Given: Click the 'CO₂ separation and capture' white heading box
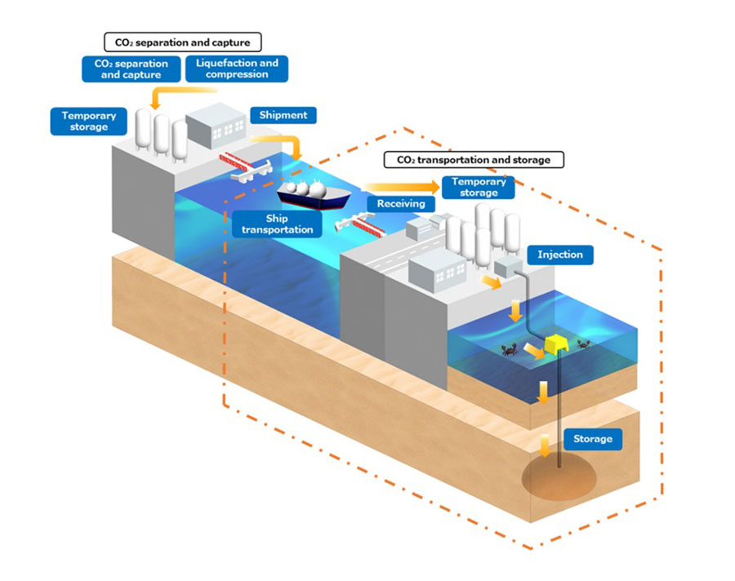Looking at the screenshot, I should pyautogui.click(x=182, y=41).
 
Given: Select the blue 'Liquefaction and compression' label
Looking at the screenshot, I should pyautogui.click(x=237, y=69).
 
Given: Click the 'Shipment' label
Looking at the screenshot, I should pyautogui.click(x=283, y=115).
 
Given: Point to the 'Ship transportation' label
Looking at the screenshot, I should pyautogui.click(x=277, y=224).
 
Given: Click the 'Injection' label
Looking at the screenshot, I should pyautogui.click(x=559, y=255).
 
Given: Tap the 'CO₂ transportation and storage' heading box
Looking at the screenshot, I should pyautogui.click(x=473, y=160).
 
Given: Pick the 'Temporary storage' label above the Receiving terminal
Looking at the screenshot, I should pyautogui.click(x=479, y=187).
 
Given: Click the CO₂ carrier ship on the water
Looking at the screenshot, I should pyautogui.click(x=314, y=196).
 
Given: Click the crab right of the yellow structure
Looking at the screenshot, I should pyautogui.click(x=584, y=344).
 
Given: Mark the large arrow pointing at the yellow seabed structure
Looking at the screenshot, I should pyautogui.click(x=533, y=351).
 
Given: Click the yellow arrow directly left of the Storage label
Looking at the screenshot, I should pyautogui.click(x=542, y=445).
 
